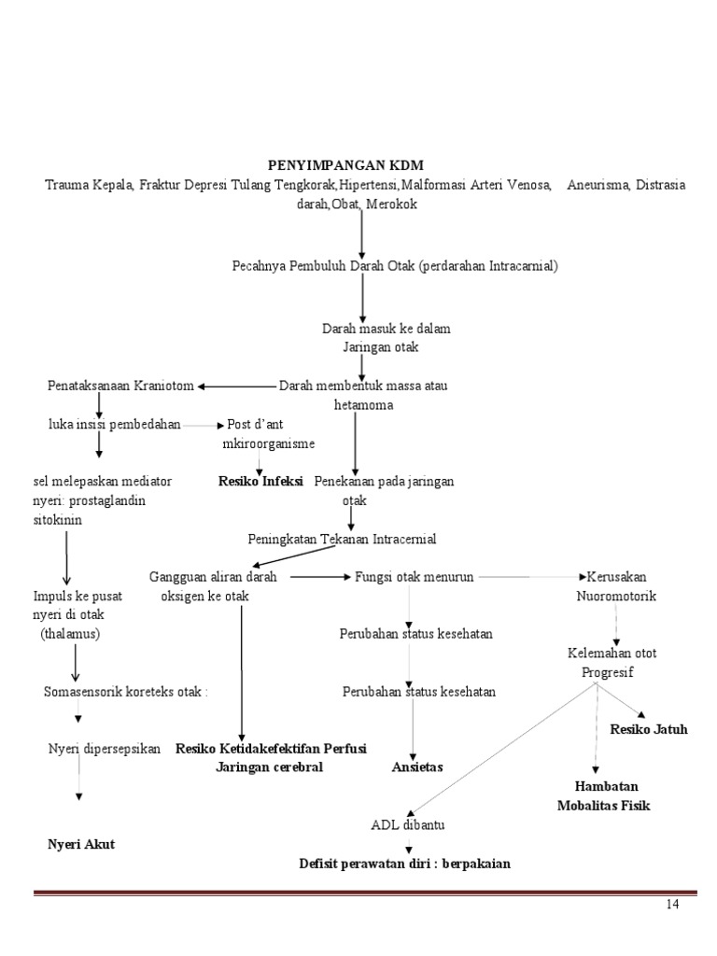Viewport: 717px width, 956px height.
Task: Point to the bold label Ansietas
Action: point(417,766)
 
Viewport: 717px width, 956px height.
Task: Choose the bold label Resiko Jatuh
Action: point(649,729)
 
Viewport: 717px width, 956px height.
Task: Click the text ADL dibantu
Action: point(408,825)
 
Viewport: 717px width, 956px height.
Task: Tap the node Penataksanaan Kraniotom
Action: point(120,386)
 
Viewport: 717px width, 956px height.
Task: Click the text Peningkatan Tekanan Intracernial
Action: point(342,540)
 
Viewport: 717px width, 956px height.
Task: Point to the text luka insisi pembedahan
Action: point(115,423)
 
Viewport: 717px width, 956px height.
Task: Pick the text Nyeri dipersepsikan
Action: point(105,749)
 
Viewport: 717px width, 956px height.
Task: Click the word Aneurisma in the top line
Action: point(598,185)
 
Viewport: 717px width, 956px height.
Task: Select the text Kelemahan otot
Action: point(612,654)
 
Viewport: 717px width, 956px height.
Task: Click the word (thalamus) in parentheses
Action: point(70,633)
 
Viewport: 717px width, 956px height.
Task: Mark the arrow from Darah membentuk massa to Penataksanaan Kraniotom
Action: point(237,387)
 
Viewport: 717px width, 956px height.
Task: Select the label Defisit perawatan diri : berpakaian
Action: point(404,864)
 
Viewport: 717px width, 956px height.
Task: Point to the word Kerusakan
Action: point(617,577)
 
